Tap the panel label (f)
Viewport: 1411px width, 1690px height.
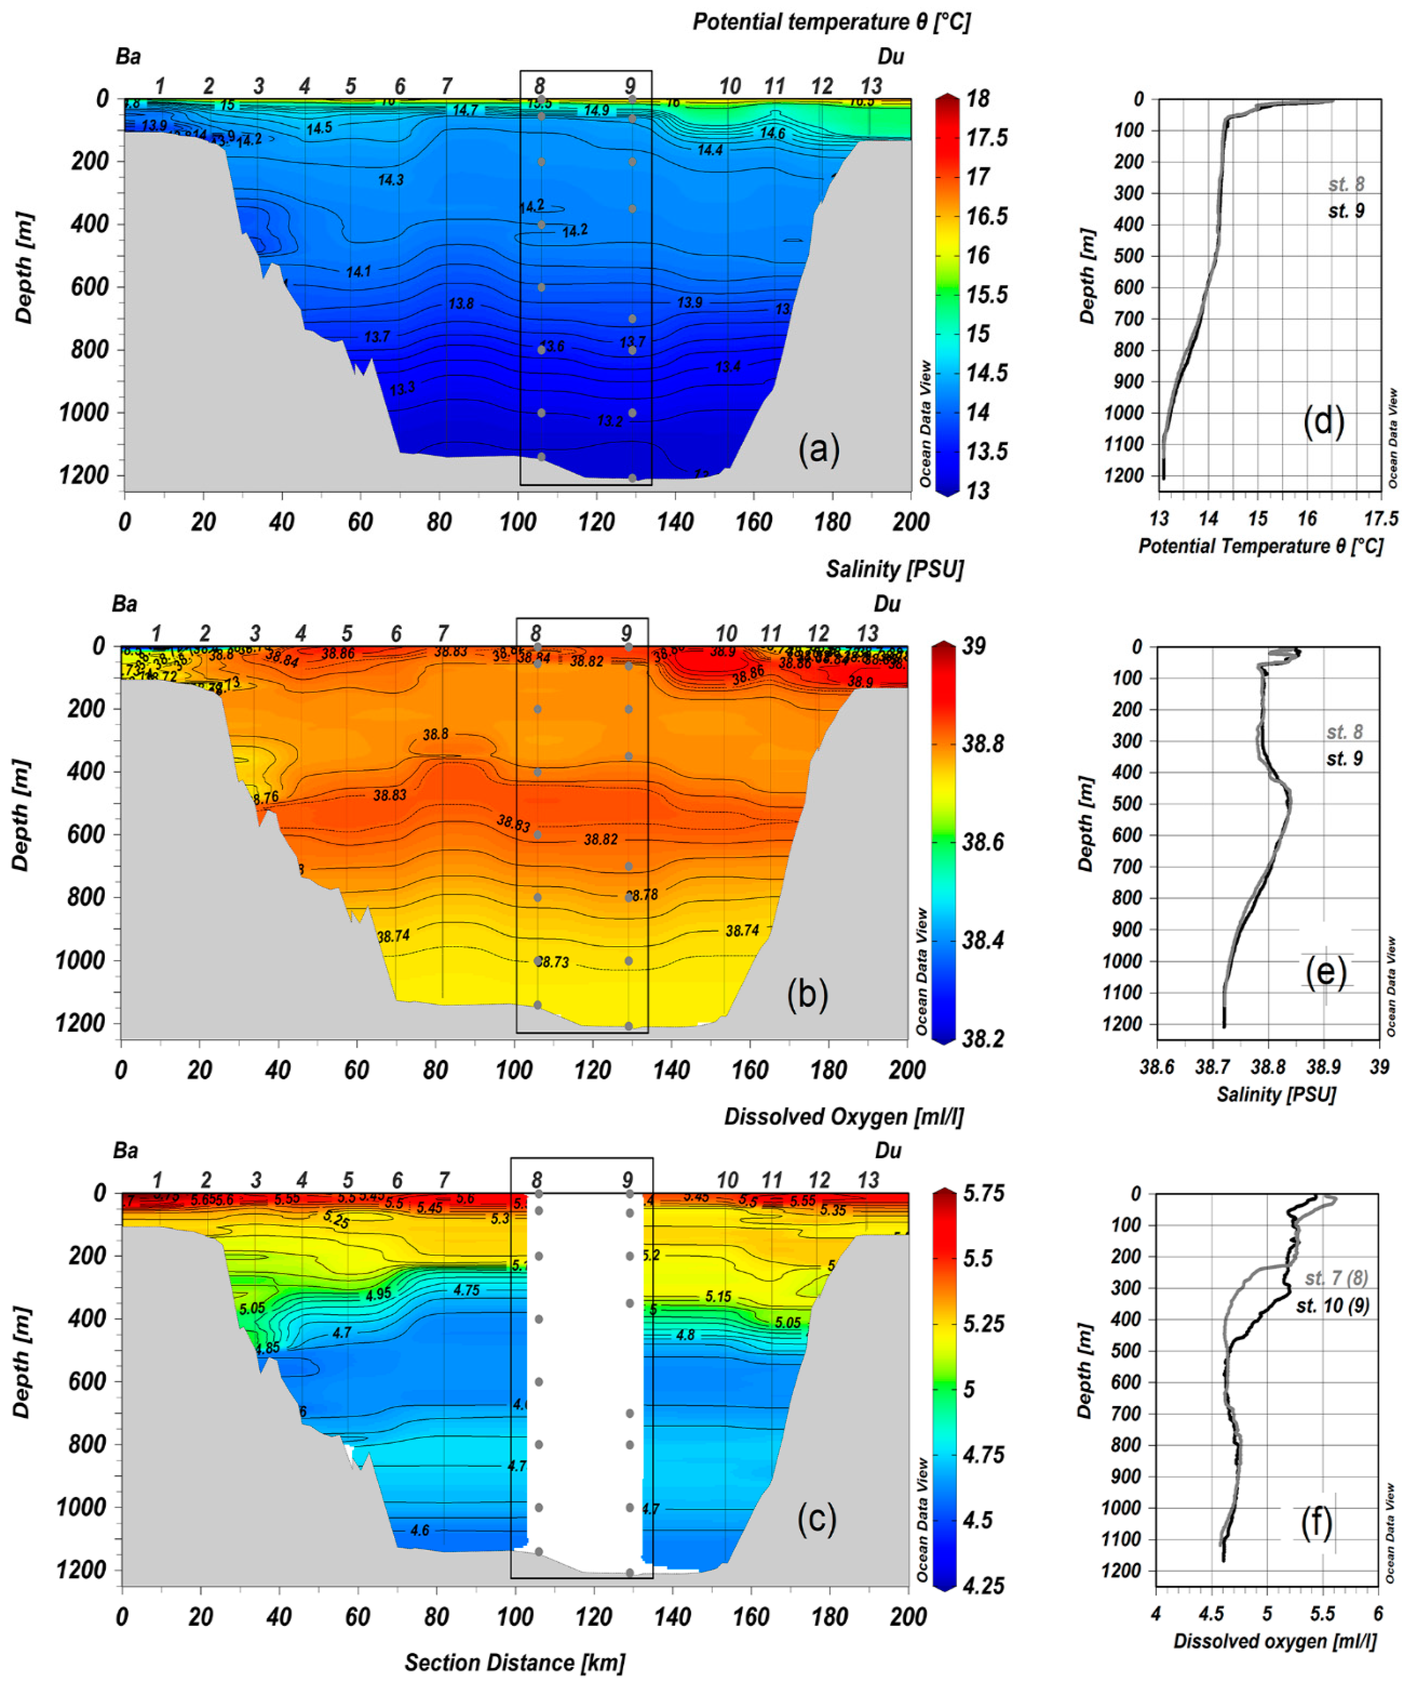point(1317,1522)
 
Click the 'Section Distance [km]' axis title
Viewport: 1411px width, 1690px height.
point(514,1662)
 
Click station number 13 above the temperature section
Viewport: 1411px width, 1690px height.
point(871,86)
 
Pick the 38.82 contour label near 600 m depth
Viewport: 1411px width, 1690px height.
point(600,839)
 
